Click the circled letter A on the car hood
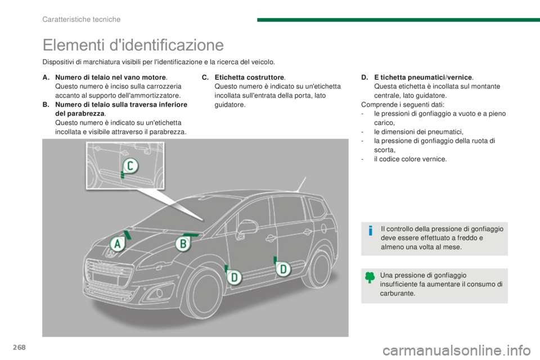[x=117, y=244]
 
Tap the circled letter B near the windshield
[x=183, y=244]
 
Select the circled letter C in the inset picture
[x=130, y=166]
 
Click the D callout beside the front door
[x=234, y=277]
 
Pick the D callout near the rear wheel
[x=283, y=269]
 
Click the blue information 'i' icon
[x=371, y=230]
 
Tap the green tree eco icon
[x=370, y=277]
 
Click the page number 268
[x=19, y=347]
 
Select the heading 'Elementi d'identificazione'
[x=133, y=45]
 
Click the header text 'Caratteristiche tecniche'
[x=81, y=19]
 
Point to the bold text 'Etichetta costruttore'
[x=249, y=78]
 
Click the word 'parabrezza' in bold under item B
[x=79, y=114]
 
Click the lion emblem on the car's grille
[x=111, y=254]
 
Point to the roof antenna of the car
[x=300, y=184]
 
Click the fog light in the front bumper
[x=159, y=293]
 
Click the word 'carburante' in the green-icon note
[x=398, y=294]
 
